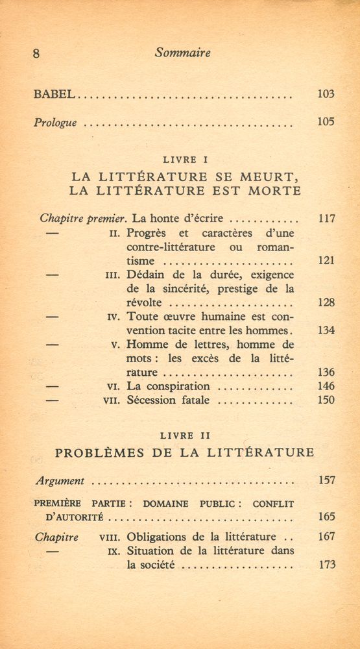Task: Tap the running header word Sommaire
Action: point(183,54)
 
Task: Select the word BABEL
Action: point(55,95)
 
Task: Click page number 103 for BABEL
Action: point(326,94)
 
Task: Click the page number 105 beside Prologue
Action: point(326,121)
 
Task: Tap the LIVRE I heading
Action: point(186,159)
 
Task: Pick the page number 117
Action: point(326,219)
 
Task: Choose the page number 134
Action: point(326,330)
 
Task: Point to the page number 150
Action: point(326,400)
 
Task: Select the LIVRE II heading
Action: point(185,435)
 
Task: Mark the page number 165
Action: point(326,517)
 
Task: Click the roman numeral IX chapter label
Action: point(115,552)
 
